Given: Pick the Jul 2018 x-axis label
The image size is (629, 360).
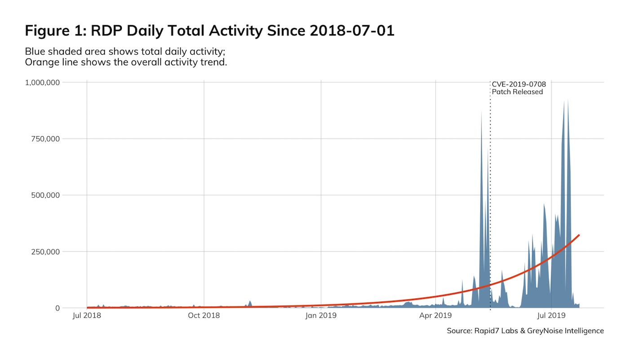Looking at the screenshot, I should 87,316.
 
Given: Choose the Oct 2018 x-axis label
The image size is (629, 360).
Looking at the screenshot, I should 204,316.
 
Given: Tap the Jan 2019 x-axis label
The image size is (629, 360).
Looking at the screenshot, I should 321,316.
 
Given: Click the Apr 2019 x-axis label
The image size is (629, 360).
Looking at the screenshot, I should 436,316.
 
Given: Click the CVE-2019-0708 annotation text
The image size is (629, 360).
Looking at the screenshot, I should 518,84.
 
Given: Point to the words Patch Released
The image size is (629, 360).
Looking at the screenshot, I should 517,92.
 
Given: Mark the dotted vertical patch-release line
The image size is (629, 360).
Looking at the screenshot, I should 490,202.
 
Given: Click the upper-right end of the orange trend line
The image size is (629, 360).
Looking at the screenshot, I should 579,235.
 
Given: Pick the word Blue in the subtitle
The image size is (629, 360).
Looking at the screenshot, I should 34,51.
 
